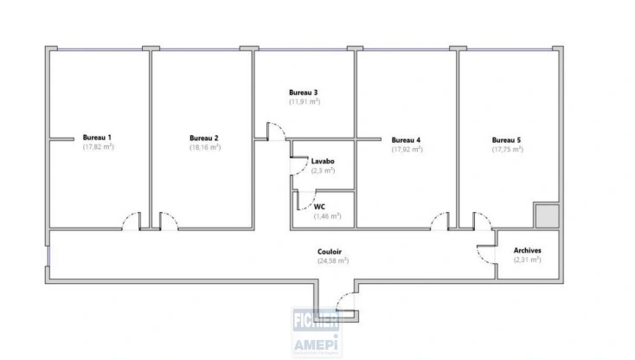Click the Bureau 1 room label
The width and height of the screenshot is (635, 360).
click(x=98, y=138)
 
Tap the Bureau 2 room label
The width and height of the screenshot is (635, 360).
click(x=204, y=138)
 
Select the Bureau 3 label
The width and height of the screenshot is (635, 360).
click(x=304, y=93)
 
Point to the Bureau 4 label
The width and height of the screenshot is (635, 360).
click(x=406, y=139)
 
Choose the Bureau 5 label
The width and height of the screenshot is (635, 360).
click(x=507, y=139)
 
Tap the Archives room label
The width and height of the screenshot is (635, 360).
click(x=527, y=250)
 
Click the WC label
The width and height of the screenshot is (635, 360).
click(x=319, y=207)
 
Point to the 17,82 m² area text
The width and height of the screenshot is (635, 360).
click(x=98, y=147)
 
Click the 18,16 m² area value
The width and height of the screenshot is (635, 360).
click(x=204, y=147)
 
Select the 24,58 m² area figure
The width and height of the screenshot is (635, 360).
click(x=332, y=260)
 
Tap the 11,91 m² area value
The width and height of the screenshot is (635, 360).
click(x=304, y=102)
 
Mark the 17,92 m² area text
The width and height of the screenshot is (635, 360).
click(x=406, y=149)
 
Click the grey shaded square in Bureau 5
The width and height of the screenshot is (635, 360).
click(x=546, y=215)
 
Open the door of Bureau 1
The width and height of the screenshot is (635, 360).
click(x=131, y=222)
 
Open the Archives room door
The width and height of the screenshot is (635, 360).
click(x=484, y=253)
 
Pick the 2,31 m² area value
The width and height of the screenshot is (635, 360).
click(x=527, y=260)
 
